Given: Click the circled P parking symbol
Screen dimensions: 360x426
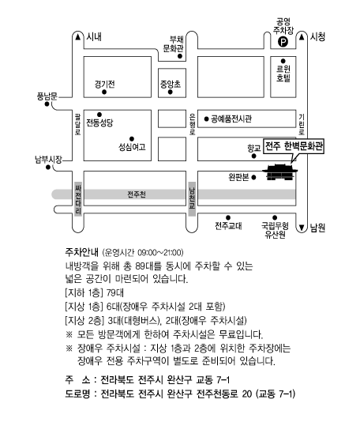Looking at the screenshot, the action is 283,42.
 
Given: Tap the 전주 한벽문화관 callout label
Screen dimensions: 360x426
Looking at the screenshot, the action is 294,146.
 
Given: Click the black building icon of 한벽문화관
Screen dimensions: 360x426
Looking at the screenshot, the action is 280,172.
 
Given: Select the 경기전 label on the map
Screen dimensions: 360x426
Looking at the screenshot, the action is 104,84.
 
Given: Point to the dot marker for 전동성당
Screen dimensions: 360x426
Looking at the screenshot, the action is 99,115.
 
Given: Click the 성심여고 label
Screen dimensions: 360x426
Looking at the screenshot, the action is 132,147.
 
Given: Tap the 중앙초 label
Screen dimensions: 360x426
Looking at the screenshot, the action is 170,85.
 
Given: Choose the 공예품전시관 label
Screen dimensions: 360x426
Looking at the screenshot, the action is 231,119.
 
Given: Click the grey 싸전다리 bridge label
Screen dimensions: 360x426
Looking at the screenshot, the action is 78,199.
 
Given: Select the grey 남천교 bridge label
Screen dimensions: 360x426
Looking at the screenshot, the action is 192,199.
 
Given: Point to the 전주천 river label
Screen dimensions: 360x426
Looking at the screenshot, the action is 137,194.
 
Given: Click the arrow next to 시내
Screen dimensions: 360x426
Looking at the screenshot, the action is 78,36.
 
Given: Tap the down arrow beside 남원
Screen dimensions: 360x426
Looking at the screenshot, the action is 302,228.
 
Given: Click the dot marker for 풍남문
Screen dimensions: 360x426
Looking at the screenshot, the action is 47,104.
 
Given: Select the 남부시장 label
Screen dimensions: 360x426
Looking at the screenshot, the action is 48,159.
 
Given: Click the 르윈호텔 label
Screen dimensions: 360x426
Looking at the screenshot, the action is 283,74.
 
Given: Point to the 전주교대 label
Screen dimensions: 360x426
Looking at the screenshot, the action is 228,226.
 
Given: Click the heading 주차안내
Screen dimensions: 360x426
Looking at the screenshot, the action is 81,252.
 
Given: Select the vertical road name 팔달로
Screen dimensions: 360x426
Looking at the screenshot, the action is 78,124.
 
